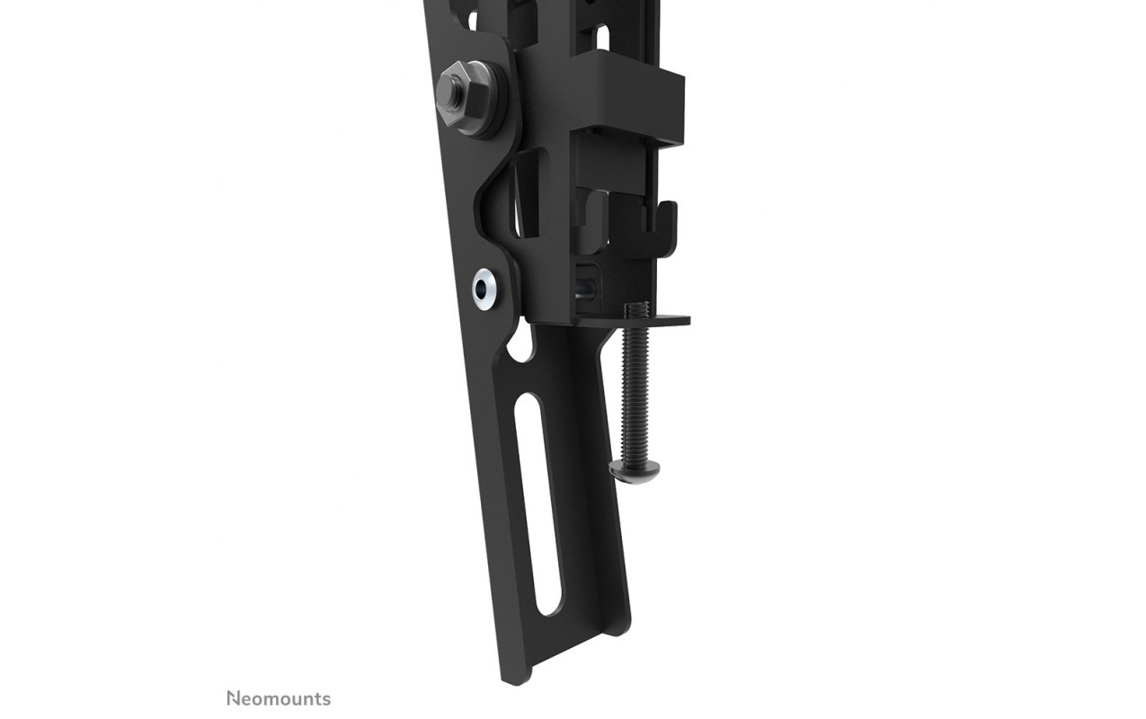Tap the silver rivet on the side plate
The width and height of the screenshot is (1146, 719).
[x=484, y=289]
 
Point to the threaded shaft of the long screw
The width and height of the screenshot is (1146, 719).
[x=635, y=393]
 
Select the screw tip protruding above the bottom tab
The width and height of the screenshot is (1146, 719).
[x=636, y=308]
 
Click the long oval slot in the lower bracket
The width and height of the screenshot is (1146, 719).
[x=537, y=504]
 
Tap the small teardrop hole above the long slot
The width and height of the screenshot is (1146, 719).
[x=521, y=348]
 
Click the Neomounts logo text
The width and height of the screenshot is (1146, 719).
[x=279, y=698]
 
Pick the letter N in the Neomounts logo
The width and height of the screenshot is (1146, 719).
[x=233, y=698]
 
